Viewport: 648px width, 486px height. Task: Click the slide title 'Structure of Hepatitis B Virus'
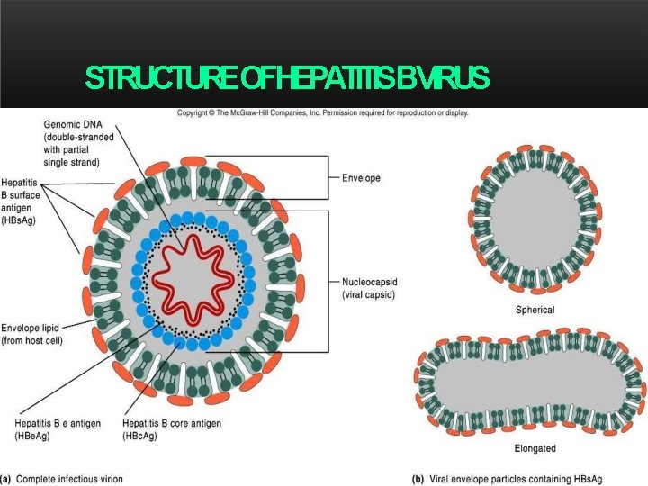click(287, 79)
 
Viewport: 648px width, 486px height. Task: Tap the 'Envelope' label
click(361, 178)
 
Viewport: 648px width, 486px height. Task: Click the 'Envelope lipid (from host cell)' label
click(32, 334)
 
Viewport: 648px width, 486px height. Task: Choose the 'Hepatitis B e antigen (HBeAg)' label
click(57, 428)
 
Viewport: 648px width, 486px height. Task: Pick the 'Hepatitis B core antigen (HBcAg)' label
click(171, 428)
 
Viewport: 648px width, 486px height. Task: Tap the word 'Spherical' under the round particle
click(535, 310)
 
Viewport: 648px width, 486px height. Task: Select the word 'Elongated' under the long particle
click(535, 448)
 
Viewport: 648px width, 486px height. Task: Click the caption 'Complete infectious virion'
click(69, 478)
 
